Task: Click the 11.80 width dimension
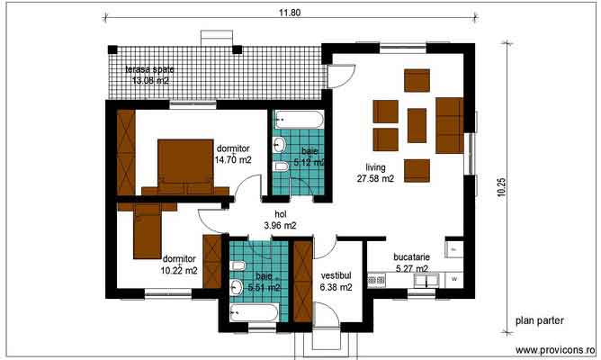coord(287,12)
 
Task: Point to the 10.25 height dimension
coord(501,185)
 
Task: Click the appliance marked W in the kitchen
coord(454,279)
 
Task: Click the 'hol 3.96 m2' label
coord(280,220)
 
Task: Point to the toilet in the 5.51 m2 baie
coord(238,267)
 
